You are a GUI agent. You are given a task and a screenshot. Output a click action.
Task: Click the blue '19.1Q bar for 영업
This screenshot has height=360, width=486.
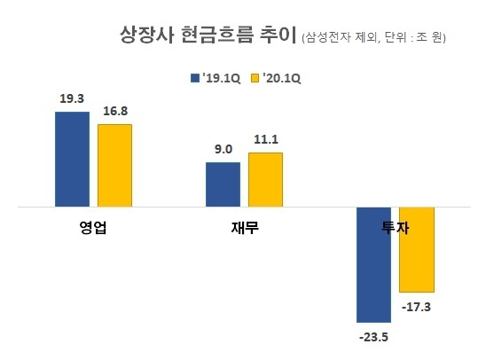[x=72, y=159]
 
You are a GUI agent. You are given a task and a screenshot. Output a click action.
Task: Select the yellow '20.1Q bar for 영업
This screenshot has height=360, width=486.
[x=114, y=165]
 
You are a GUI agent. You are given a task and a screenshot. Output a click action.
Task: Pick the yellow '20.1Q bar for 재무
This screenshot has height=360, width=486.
[x=265, y=179]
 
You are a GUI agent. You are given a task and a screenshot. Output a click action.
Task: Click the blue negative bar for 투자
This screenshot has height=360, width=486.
[x=373, y=263]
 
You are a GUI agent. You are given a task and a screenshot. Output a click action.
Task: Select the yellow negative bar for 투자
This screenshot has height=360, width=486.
[x=416, y=248]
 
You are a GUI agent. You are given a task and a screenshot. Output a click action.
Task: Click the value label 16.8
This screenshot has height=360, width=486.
[x=114, y=113]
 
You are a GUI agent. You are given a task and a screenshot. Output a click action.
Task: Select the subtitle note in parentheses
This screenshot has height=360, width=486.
[x=373, y=38]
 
